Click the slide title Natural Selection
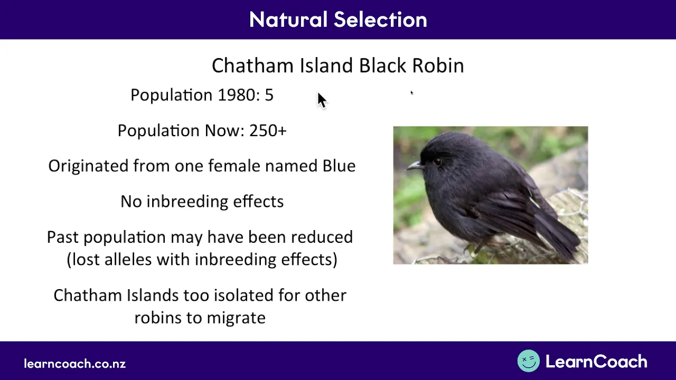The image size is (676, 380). click(x=338, y=20)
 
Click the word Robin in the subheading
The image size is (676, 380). click(x=438, y=65)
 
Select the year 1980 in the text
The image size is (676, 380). click(x=237, y=95)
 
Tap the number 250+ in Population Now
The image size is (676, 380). click(x=268, y=130)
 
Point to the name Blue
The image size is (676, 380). click(x=339, y=166)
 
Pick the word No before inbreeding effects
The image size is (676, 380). click(x=132, y=202)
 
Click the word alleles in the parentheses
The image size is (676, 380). click(x=128, y=260)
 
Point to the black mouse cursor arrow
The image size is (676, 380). click(x=322, y=100)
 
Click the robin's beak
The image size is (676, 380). click(x=415, y=166)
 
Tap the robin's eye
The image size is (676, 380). click(x=437, y=162)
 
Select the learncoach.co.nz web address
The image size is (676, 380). click(x=75, y=364)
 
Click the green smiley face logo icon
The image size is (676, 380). click(x=529, y=360)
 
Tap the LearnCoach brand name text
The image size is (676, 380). click(x=596, y=362)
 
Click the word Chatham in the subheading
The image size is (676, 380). click(x=252, y=65)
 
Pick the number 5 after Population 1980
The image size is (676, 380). click(x=269, y=95)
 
